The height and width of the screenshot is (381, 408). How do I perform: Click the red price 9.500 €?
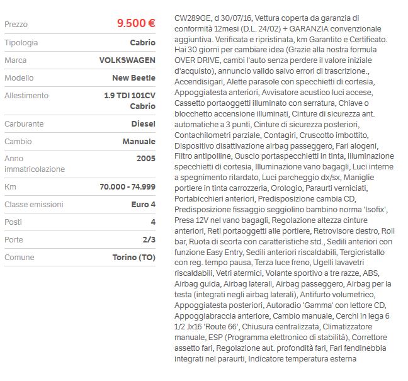(136, 23)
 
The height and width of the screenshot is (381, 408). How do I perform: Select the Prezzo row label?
(16, 24)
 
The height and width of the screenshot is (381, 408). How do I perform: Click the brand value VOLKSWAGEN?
(127, 60)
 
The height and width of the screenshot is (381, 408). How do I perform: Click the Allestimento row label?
(26, 95)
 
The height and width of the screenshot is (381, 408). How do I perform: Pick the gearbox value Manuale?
(139, 142)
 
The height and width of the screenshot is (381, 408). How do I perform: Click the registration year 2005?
(145, 159)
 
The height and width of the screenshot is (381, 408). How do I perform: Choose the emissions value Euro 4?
(141, 205)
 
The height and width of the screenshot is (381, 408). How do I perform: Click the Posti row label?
(13, 222)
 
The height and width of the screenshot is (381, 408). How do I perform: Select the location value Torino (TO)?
(133, 258)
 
